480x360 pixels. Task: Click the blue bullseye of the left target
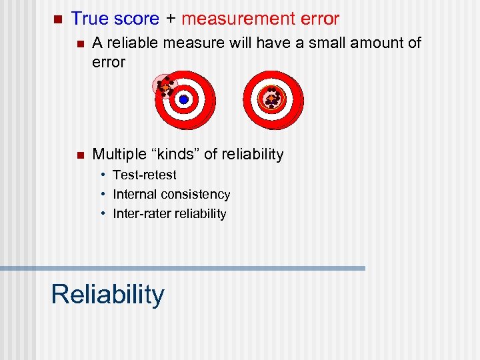[184, 99]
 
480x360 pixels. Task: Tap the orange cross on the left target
[163, 87]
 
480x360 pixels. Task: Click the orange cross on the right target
[271, 99]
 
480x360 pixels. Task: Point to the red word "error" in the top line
[317, 19]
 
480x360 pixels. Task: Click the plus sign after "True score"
[170, 20]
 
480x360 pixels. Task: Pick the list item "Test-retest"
[145, 175]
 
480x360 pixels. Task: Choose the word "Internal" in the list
[135, 194]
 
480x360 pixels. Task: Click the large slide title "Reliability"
[107, 294]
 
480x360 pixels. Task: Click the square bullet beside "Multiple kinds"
[77, 155]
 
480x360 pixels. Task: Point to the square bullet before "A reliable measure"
[77, 44]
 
